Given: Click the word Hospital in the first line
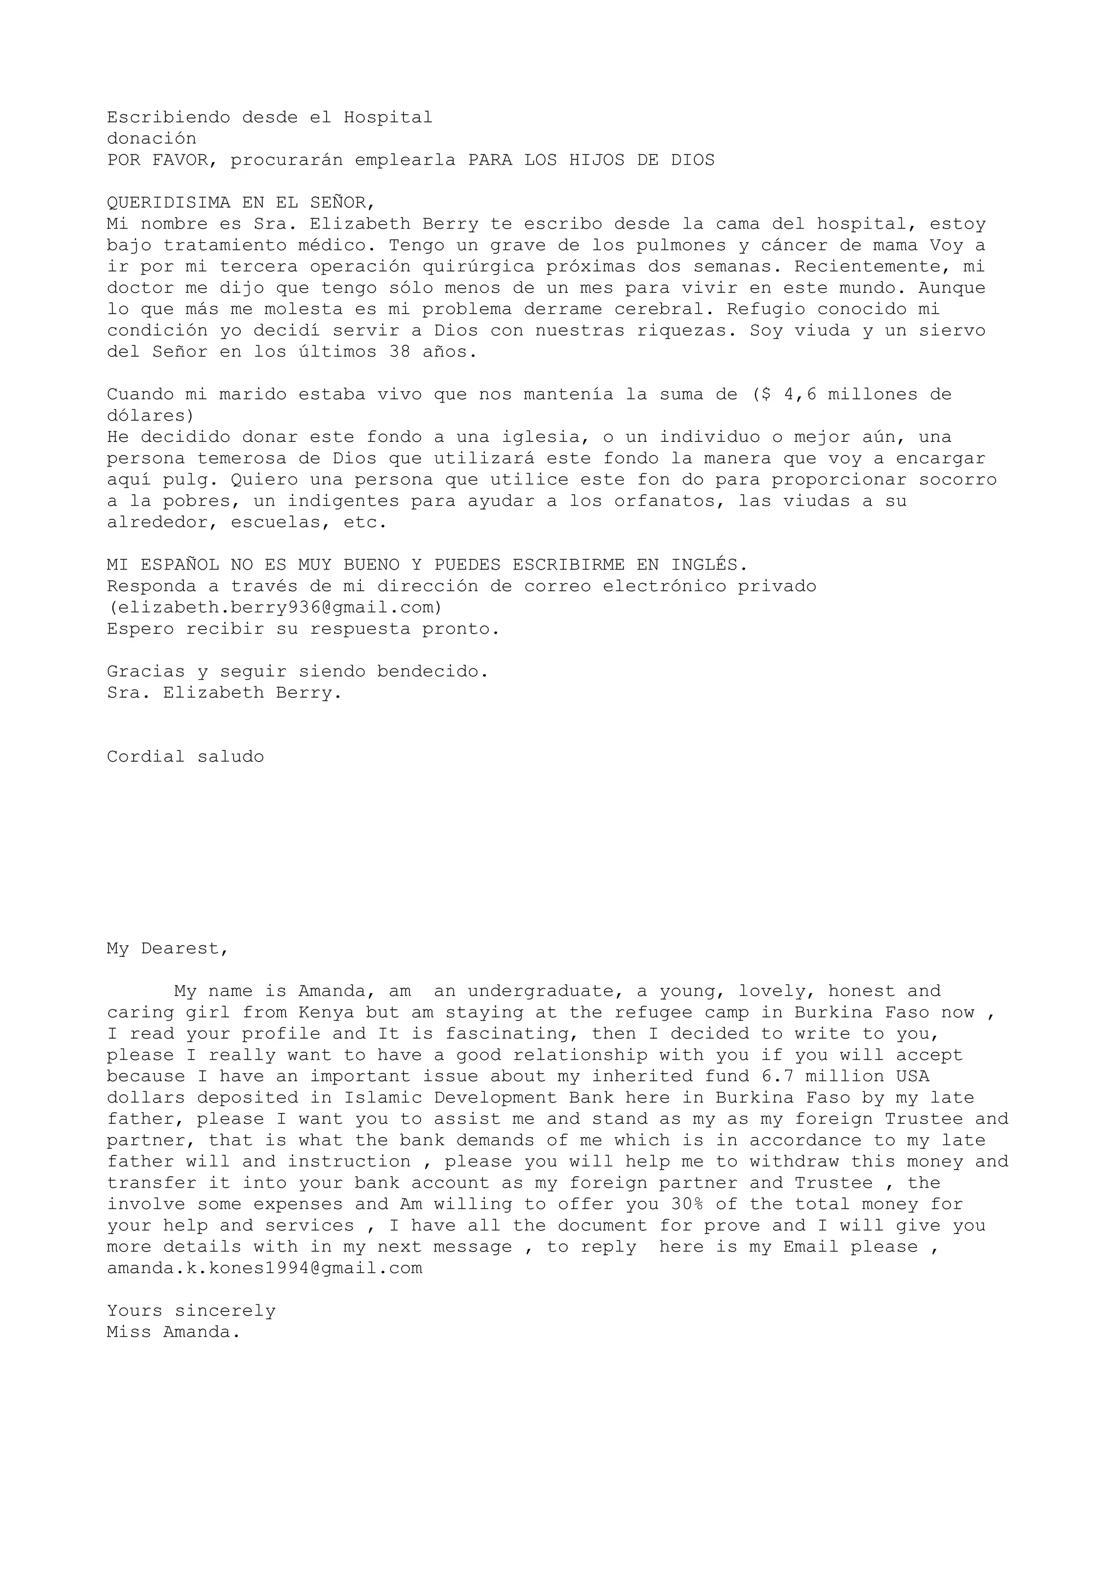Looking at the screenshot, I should (x=388, y=117).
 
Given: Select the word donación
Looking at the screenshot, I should (x=152, y=139).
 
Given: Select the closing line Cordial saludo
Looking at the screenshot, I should (x=185, y=757).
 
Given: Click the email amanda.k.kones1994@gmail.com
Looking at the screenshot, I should (x=265, y=1268).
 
